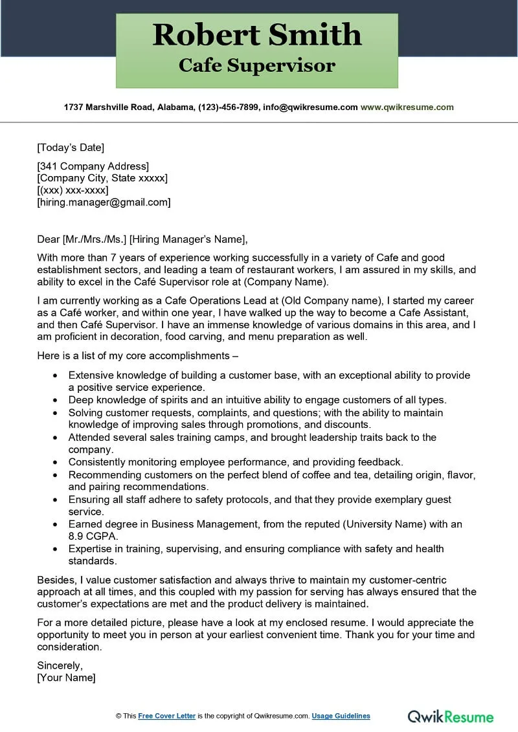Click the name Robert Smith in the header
[257, 34]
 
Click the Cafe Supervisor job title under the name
[257, 65]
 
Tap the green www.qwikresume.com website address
[407, 107]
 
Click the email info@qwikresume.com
[310, 107]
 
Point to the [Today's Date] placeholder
[71, 147]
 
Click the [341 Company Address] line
[93, 166]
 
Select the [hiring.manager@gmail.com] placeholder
[104, 202]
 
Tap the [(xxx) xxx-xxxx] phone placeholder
[73, 190]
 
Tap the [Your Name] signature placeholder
[66, 678]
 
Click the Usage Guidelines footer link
[341, 716]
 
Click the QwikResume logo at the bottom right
[451, 716]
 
